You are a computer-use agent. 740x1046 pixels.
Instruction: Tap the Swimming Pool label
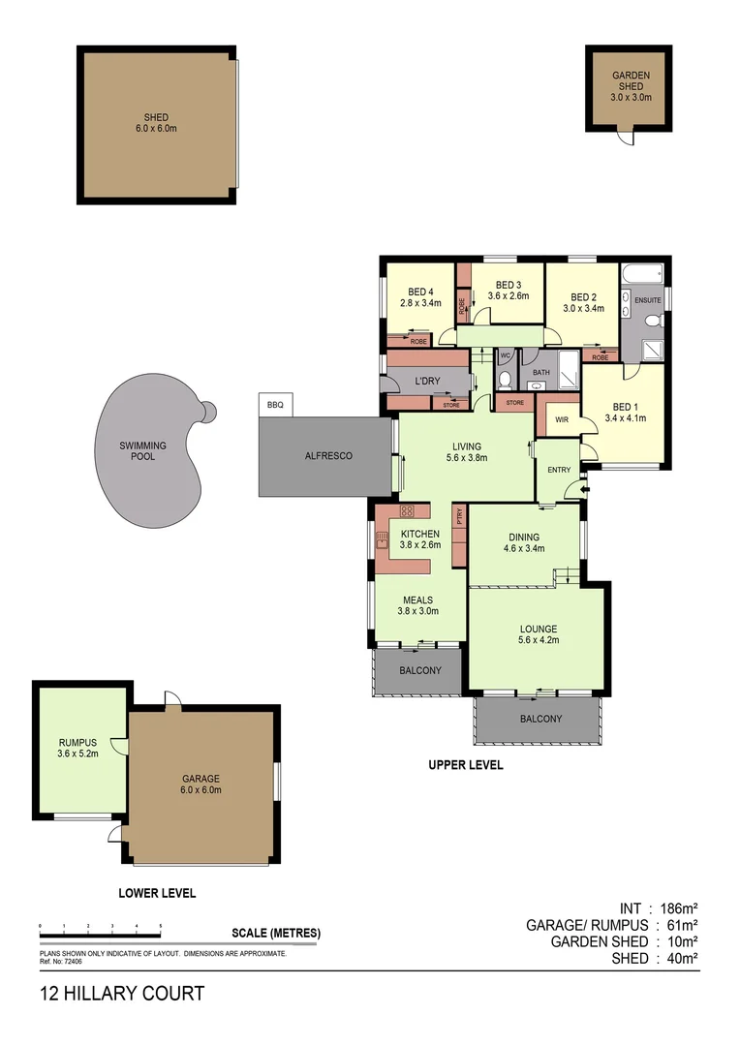143,451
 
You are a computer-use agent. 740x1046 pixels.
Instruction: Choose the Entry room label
560,470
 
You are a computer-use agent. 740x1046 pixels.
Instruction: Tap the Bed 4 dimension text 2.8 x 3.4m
420,303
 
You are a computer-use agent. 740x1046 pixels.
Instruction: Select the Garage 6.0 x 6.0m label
202,784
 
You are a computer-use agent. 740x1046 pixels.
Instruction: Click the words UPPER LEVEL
466,765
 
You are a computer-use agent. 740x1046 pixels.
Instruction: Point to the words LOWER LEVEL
157,893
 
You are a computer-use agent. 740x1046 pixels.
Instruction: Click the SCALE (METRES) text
276,934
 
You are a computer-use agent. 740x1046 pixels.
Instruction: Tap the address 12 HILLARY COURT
122,994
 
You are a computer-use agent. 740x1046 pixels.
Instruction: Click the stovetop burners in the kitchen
408,510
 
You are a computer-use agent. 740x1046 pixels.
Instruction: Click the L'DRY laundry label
427,381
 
